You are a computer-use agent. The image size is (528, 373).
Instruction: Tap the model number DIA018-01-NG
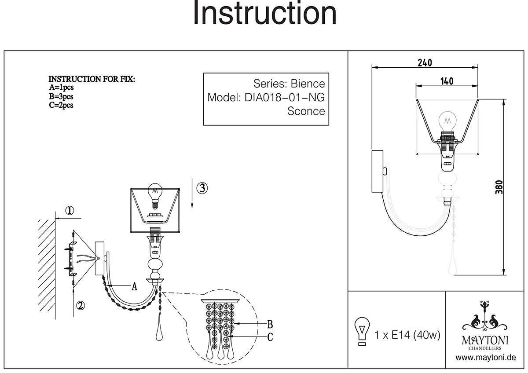point(284,97)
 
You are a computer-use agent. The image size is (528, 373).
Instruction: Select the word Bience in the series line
point(308,84)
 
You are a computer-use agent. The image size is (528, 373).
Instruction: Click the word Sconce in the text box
point(306,111)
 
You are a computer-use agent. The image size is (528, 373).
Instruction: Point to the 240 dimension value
point(425,62)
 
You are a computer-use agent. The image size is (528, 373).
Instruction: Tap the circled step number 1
point(70,210)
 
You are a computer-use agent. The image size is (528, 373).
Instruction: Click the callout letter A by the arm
point(135,287)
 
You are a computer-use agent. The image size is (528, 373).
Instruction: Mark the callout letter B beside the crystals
point(270,325)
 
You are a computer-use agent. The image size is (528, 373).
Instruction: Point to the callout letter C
point(270,337)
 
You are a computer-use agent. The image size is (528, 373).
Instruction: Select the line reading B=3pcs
point(61,96)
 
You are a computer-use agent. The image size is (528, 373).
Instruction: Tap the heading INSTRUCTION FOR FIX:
point(92,79)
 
